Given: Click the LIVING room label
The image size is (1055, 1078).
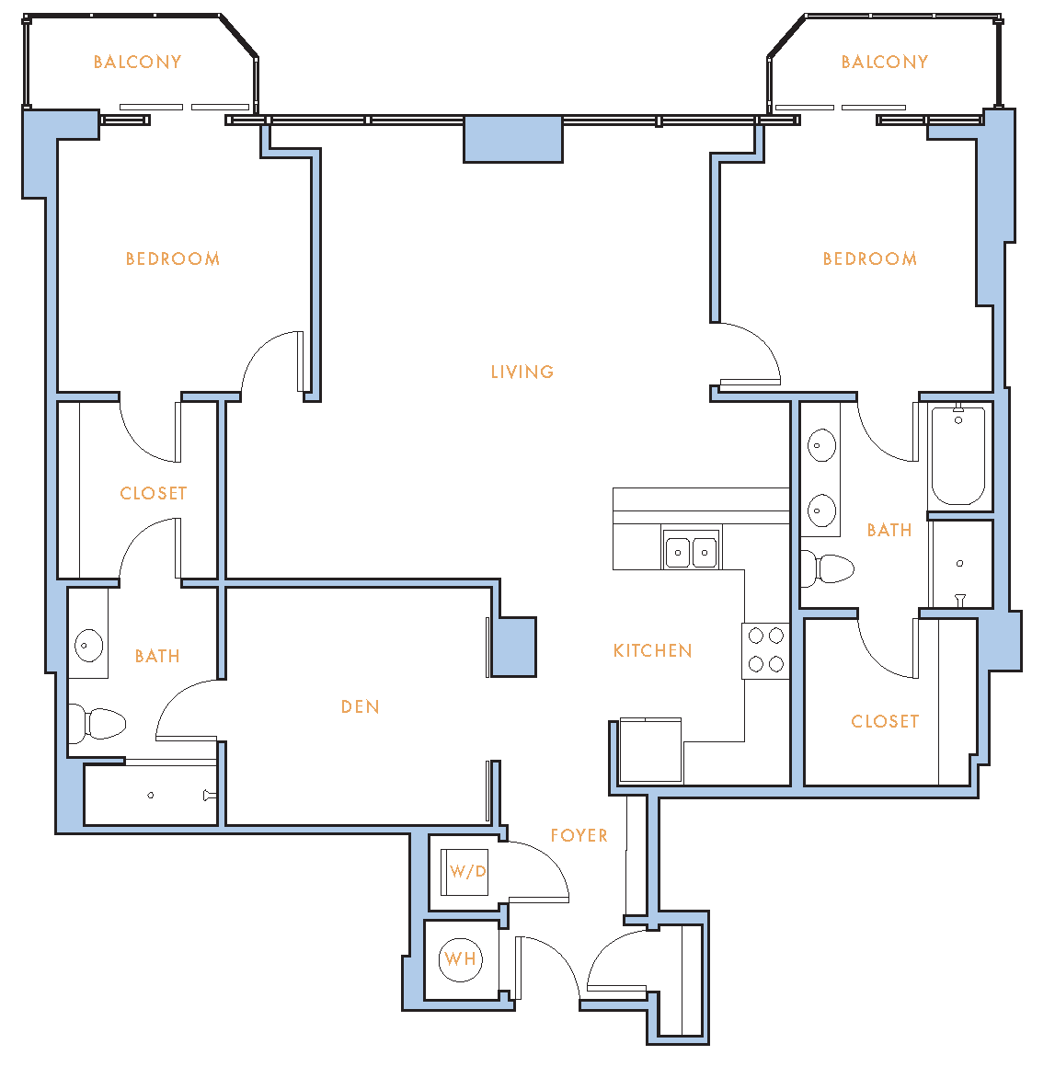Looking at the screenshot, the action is (x=522, y=372).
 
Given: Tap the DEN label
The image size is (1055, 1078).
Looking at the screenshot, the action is (x=361, y=706).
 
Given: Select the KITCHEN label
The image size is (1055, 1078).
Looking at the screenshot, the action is (x=652, y=650).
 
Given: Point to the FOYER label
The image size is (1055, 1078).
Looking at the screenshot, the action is (x=579, y=835).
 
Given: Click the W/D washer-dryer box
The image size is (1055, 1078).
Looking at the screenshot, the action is (x=464, y=872).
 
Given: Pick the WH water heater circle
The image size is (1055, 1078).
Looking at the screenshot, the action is (x=461, y=959).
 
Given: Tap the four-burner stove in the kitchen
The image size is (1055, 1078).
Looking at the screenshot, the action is (x=765, y=650).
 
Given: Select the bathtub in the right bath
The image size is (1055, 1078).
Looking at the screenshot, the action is (x=958, y=456).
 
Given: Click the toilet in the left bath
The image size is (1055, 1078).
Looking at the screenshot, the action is (x=97, y=723).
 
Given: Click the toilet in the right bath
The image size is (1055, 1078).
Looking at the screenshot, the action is (x=828, y=568).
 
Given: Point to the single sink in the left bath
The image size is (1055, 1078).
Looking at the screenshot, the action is (x=88, y=646).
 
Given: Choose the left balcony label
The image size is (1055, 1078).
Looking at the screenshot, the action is (x=137, y=62).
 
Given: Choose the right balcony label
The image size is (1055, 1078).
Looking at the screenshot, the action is (x=885, y=62).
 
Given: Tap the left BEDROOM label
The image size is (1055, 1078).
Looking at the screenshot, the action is (x=173, y=259).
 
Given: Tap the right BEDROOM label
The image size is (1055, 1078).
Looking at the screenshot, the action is (x=869, y=259).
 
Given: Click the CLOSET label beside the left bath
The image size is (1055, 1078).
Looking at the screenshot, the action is (x=154, y=494).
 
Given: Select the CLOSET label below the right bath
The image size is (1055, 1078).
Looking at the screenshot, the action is (x=885, y=721).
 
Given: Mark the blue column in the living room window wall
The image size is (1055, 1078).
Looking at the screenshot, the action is (x=513, y=140).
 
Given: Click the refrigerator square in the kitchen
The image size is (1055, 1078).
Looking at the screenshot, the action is (x=650, y=750).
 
